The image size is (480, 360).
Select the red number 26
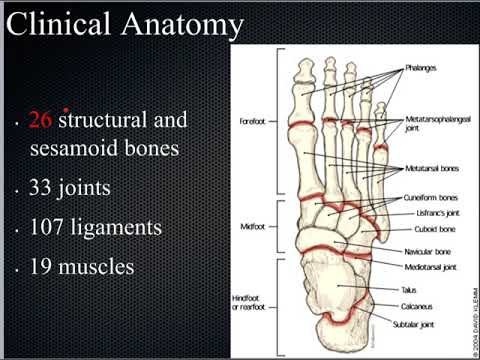41,122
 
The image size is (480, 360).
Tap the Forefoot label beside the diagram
255,124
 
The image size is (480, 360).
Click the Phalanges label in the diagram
422,71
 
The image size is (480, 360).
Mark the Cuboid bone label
424,228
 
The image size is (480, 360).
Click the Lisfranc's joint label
428,213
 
